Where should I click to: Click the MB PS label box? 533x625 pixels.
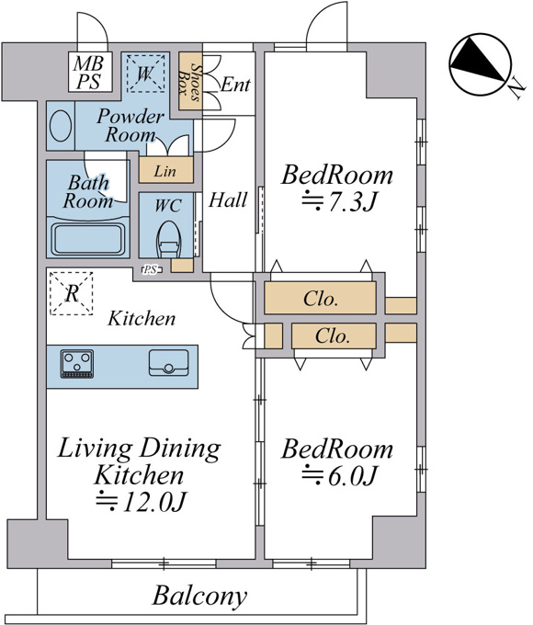click(90, 72)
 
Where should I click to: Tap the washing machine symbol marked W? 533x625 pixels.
click(145, 74)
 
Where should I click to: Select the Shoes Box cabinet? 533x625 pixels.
click(190, 81)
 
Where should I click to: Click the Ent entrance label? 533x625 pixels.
click(235, 85)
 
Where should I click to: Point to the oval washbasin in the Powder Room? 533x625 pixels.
click(61, 126)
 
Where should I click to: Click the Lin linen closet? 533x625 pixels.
click(165, 170)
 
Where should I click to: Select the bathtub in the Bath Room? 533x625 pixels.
click(88, 240)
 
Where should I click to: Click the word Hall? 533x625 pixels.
click(228, 199)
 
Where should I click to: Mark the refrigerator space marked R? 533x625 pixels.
click(72, 294)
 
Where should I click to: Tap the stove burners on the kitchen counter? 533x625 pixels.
click(77, 364)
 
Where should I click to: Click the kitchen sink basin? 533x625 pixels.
click(169, 363)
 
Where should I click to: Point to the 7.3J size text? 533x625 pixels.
click(339, 201)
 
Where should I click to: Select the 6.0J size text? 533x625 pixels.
click(339, 475)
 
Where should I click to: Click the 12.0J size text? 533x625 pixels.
click(142, 502)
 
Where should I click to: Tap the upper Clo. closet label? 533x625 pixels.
click(321, 299)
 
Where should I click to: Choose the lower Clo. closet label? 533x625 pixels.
click(333, 336)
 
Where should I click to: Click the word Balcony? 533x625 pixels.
click(199, 597)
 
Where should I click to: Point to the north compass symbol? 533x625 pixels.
click(480, 64)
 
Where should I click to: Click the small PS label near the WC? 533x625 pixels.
click(151, 270)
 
